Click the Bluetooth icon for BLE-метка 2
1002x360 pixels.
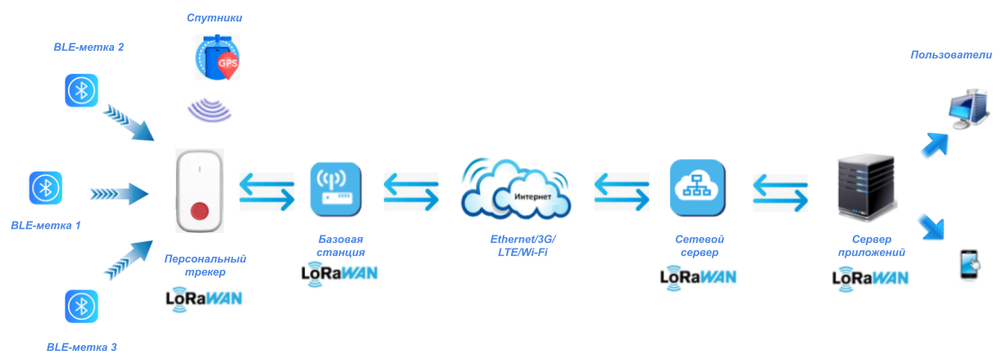pos(81,90)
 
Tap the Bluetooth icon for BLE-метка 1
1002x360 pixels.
pos(45,188)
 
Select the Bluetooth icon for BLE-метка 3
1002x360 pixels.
pos(81,306)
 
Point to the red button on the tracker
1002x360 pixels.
pos(200,212)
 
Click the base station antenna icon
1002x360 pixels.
pos(335,188)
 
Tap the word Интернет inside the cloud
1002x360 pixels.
pos(533,198)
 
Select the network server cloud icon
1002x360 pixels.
pos(695,188)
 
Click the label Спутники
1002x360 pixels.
pos(215,17)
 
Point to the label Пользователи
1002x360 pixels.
pos(951,55)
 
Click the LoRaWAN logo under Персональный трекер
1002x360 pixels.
pos(203,298)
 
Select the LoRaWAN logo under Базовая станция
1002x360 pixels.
pos(339,272)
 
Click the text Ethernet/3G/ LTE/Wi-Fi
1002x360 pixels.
pos(523,245)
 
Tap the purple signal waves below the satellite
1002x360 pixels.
pos(210,109)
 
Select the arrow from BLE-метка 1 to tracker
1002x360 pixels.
pos(119,194)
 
